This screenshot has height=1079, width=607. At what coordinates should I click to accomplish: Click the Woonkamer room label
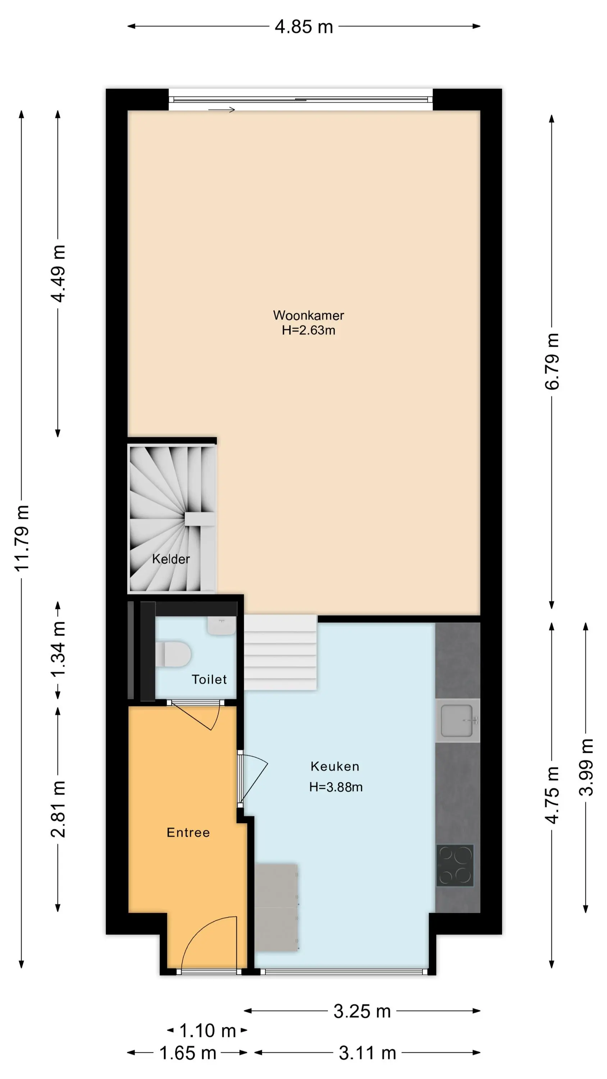308,315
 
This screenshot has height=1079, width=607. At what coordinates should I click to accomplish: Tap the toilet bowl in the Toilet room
173,654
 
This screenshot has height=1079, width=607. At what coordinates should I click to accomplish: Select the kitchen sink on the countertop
457,720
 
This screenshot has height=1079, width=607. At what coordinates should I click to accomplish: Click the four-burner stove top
455,865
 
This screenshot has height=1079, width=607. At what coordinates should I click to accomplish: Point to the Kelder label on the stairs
171,559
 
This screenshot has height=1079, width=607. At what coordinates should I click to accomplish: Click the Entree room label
188,832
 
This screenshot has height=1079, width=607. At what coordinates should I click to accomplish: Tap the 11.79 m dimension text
22,538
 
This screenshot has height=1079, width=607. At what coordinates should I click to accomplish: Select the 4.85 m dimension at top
304,27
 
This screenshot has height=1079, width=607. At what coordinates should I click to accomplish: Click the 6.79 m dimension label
552,361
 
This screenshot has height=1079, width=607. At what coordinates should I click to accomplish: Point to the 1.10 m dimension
207,1030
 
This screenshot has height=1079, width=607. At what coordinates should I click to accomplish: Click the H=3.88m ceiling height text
336,787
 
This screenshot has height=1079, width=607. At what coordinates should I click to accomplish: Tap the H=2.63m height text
308,330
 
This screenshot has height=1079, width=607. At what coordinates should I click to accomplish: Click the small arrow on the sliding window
222,110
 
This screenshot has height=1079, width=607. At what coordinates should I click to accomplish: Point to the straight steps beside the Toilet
280,652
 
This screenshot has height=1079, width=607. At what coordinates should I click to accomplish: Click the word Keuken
335,766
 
